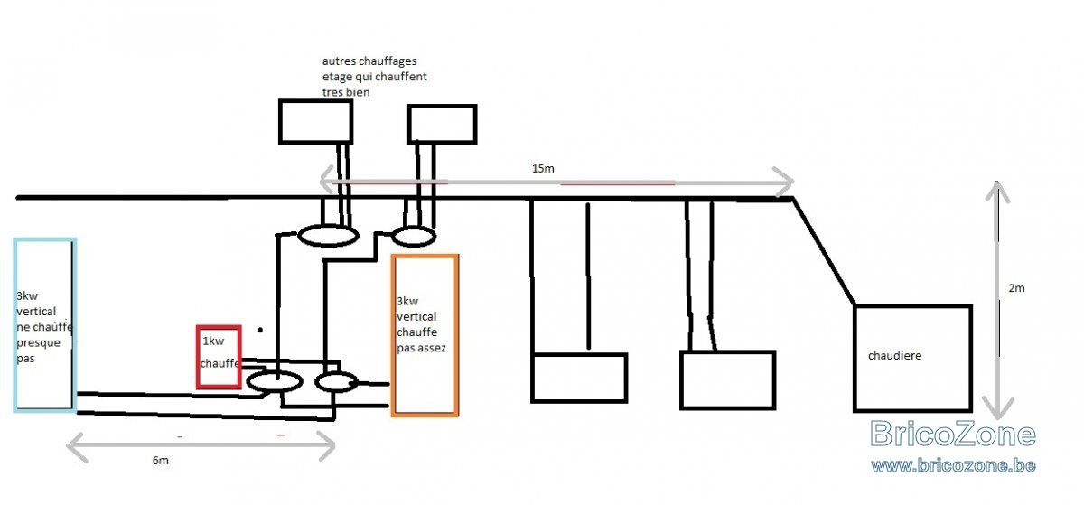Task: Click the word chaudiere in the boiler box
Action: point(895,356)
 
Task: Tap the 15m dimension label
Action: point(543,169)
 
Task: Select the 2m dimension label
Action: point(1017,288)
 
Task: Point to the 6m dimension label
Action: point(161,461)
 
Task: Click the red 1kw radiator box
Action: point(198,358)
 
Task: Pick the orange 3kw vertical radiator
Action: point(393,335)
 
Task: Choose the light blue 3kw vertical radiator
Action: point(15,325)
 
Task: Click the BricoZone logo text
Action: point(953,434)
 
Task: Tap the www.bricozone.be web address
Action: point(953,466)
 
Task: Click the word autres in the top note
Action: point(337,61)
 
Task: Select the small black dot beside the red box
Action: point(260,331)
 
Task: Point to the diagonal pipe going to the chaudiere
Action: point(824,252)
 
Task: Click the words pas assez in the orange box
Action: point(421,348)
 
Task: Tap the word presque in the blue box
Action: point(38,343)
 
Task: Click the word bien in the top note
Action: point(360,92)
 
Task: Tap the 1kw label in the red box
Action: point(213,341)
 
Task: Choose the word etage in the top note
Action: point(335,78)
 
